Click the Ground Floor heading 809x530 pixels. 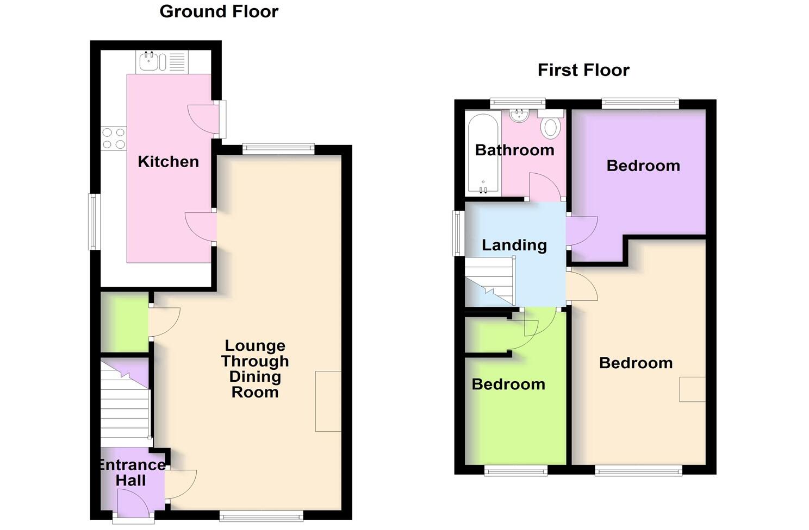click(x=219, y=11)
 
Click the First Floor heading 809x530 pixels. click(x=583, y=70)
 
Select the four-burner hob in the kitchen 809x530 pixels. click(x=114, y=138)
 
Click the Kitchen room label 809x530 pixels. click(x=168, y=161)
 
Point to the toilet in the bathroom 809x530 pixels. click(x=551, y=125)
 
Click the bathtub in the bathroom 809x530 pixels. click(x=483, y=153)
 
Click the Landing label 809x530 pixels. click(x=514, y=245)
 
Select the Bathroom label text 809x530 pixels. click(x=514, y=150)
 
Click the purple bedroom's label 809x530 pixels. click(x=643, y=166)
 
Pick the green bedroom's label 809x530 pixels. click(x=508, y=384)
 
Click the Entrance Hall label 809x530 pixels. click(x=131, y=472)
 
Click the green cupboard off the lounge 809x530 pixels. click(x=124, y=322)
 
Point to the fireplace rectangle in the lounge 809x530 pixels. click(x=328, y=401)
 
